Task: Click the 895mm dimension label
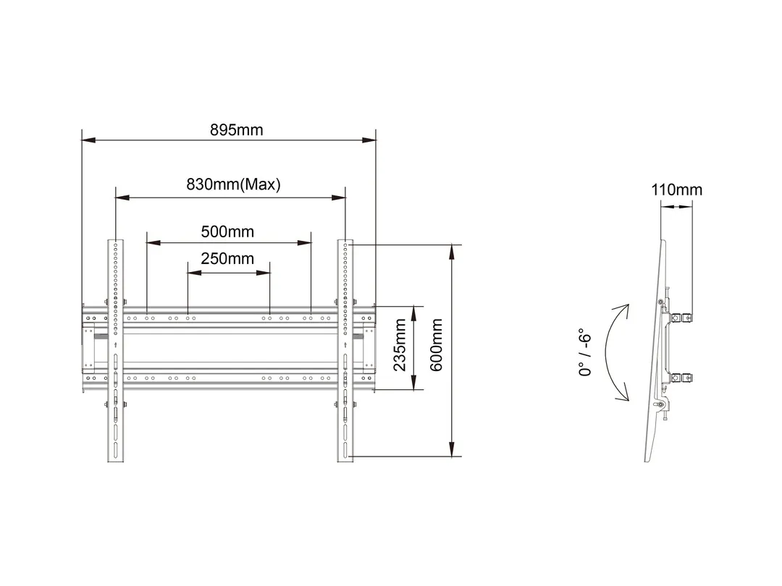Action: coord(237,130)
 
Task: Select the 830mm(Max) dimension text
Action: coord(233,184)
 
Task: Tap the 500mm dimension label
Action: coord(227,232)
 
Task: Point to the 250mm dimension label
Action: coord(227,259)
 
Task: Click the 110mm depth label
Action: coord(676,190)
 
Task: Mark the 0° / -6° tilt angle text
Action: coord(586,354)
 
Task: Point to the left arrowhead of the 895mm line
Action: coord(86,140)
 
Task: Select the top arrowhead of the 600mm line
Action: coord(453,249)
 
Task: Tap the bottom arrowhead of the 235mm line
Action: coord(413,387)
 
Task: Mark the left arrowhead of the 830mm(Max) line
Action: coord(119,195)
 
